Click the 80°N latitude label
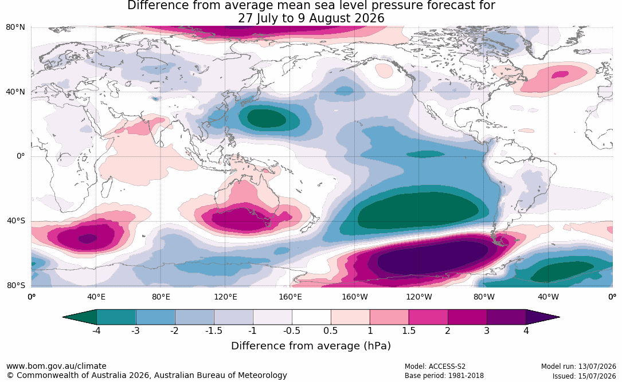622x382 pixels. tap(15, 27)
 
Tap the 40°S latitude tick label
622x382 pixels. tap(16, 220)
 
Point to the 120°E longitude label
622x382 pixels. tap(225, 297)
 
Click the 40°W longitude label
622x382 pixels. tap(548, 297)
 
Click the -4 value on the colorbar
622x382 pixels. tap(96, 330)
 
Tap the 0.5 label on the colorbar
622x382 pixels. tap(330, 330)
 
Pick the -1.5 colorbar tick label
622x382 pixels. tap(213, 330)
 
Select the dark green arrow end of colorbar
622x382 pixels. tap(80, 317)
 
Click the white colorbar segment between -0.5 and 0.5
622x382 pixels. tap(311, 317)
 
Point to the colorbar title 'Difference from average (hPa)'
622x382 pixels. tap(311, 346)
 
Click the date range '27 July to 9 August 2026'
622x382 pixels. tap(311, 18)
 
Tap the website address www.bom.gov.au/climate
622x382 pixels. tap(56, 366)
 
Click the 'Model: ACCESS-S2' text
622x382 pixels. tap(435, 367)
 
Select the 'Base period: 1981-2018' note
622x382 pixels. tap(444, 376)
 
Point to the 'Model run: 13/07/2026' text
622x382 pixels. tap(579, 367)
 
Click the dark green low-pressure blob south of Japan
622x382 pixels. tap(267, 118)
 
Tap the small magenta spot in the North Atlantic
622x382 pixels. tap(561, 74)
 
